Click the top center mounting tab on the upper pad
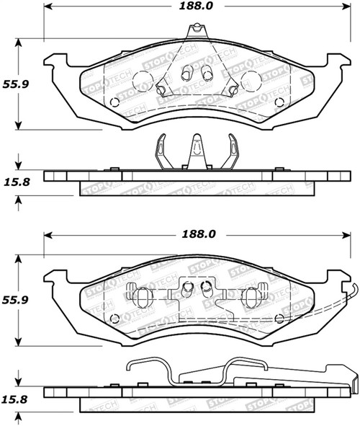click(193, 31)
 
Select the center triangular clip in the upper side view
click(193, 152)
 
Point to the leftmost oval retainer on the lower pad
click(141, 295)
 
